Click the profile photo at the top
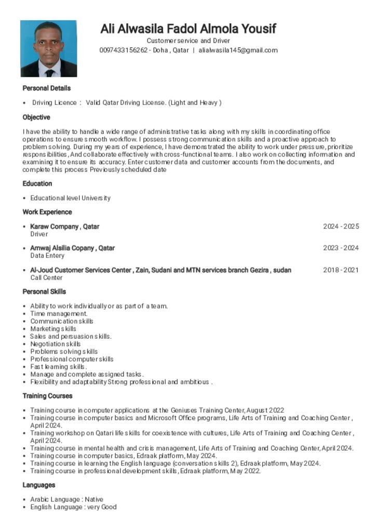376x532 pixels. pyautogui.click(x=48, y=48)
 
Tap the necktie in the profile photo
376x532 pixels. pyautogui.click(x=50, y=72)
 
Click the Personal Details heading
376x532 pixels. pyautogui.click(x=46, y=88)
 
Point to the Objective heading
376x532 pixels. pyautogui.click(x=36, y=117)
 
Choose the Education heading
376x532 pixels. pyautogui.click(x=37, y=183)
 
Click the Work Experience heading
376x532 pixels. pyautogui.click(x=47, y=212)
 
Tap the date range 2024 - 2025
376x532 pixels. pyautogui.click(x=341, y=227)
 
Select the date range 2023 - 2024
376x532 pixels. pyautogui.click(x=341, y=248)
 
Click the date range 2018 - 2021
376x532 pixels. pyautogui.click(x=341, y=270)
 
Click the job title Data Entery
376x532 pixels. pyautogui.click(x=47, y=256)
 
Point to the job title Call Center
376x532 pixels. pyautogui.click(x=46, y=278)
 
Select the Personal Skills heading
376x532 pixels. pyautogui.click(x=44, y=291)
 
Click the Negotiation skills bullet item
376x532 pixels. pyautogui.click(x=55, y=344)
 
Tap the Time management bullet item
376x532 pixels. pyautogui.click(x=59, y=314)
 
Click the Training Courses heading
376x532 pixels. pyautogui.click(x=47, y=396)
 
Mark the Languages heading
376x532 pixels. pyautogui.click(x=39, y=485)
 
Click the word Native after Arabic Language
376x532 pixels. pyautogui.click(x=93, y=499)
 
